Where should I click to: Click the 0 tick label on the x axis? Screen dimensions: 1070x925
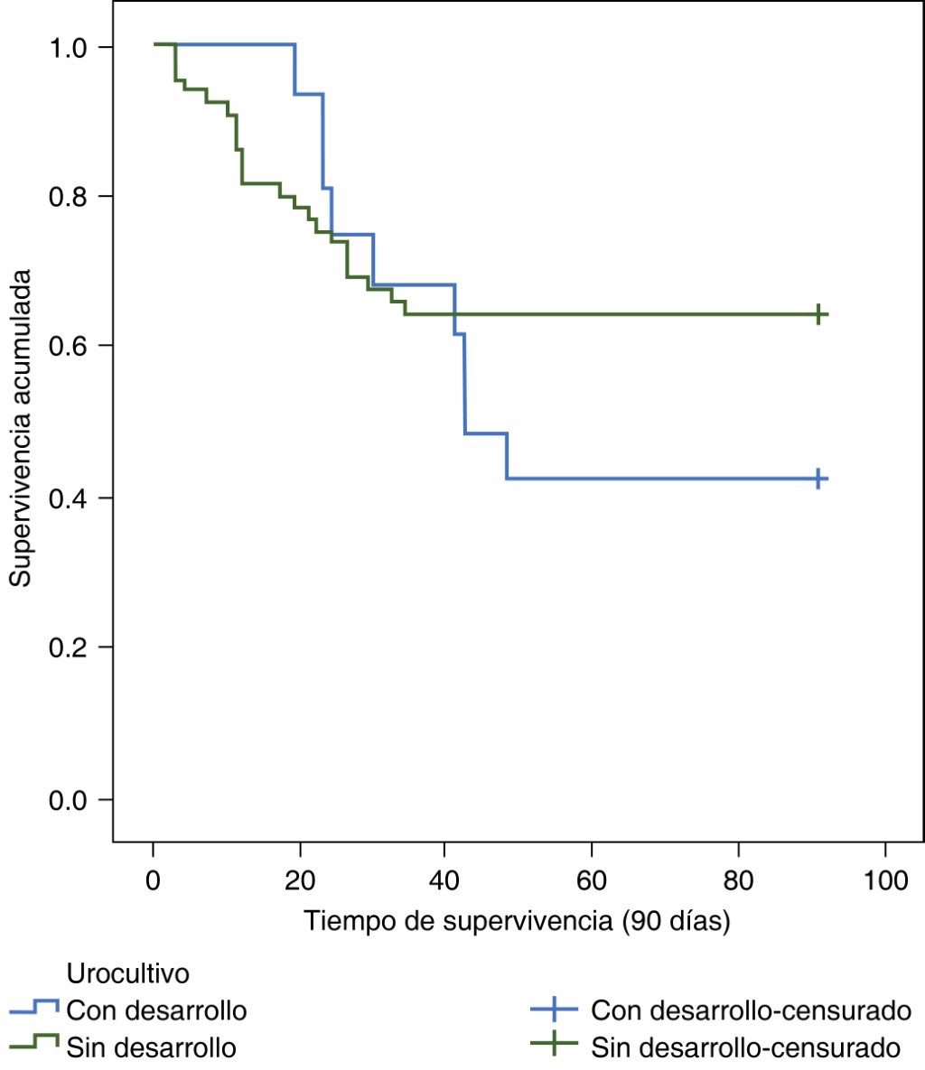click(153, 879)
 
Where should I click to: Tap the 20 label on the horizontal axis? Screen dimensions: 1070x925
click(299, 879)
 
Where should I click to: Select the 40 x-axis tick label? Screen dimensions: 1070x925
click(444, 879)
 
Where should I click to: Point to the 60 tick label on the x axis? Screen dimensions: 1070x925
click(591, 879)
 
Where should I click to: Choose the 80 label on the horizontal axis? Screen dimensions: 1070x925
click(738, 879)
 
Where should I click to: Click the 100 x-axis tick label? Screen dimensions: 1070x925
click(884, 879)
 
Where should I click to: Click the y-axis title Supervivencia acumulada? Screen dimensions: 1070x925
click(21, 427)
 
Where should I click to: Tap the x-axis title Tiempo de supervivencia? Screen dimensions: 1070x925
click(517, 921)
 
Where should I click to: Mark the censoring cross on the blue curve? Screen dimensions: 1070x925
click(818, 479)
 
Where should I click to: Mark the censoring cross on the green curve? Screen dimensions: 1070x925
click(818, 314)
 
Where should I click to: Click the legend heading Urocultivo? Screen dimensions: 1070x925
click(127, 974)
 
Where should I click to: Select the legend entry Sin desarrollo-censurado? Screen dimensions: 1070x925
click(746, 1047)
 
